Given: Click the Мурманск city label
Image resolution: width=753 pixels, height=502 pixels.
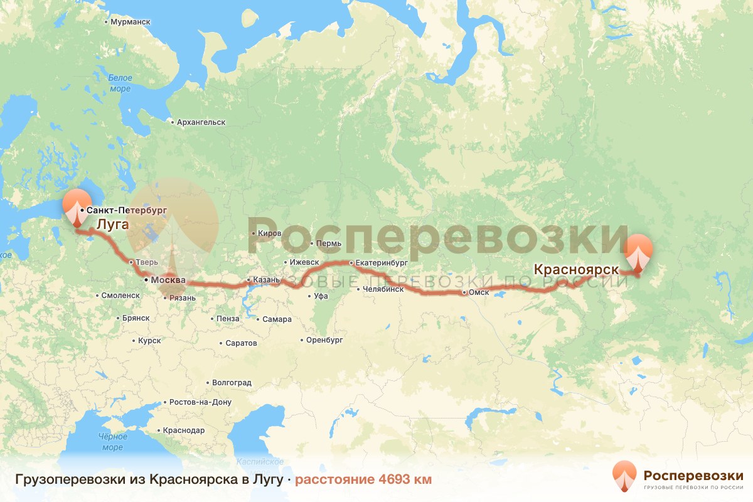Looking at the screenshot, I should pos(130,21).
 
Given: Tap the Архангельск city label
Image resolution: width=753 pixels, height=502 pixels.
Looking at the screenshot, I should pos(201,122).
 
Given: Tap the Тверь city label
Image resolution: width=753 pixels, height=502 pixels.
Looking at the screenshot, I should pos(139,262).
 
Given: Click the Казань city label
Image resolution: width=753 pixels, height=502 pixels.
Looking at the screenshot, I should pos(262,280).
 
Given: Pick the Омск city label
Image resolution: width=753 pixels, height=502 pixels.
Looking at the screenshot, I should pos(478,292).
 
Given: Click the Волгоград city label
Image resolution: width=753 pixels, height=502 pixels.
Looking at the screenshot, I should pos(232,382).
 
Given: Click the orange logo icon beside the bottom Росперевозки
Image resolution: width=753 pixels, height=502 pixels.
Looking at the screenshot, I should pos(624,476).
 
